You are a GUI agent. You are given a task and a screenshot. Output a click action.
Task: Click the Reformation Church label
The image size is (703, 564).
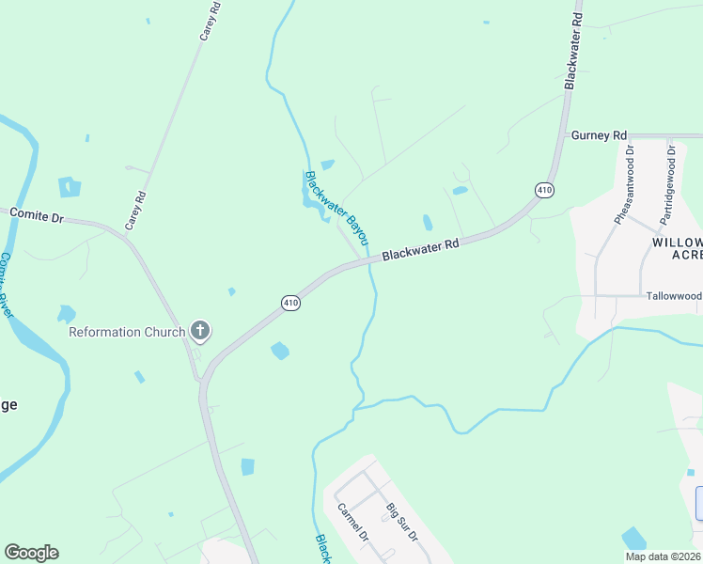(127, 332)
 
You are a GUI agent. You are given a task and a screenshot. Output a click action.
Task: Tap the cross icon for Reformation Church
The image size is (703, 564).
(200, 331)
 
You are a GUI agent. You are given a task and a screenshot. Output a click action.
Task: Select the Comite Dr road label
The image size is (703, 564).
(36, 214)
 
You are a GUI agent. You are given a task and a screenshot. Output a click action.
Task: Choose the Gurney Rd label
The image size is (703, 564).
(599, 135)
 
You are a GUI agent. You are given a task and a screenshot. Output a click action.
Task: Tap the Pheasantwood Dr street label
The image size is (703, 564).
(624, 184)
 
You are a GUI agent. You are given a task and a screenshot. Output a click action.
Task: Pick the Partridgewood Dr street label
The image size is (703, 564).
(667, 183)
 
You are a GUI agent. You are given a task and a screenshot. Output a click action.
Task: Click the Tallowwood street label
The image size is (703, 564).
(674, 295)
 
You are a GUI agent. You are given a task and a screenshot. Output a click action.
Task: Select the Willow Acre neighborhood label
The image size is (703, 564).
(677, 248)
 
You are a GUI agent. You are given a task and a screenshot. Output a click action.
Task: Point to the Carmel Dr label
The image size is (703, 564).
(351, 524)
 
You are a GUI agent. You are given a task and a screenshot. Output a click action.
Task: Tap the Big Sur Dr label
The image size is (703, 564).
(401, 523)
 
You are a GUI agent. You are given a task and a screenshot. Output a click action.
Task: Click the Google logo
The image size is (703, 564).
(31, 553)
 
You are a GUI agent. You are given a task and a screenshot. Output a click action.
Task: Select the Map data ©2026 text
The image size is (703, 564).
(662, 556)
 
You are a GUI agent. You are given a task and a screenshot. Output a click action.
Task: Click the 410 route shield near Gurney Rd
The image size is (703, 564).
(544, 191)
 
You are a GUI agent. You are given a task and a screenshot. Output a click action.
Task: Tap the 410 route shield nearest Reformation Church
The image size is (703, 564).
(290, 303)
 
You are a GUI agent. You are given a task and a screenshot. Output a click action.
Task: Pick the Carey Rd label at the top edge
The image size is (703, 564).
(209, 21)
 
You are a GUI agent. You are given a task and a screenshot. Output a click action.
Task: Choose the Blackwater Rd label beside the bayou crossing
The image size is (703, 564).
(420, 249)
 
